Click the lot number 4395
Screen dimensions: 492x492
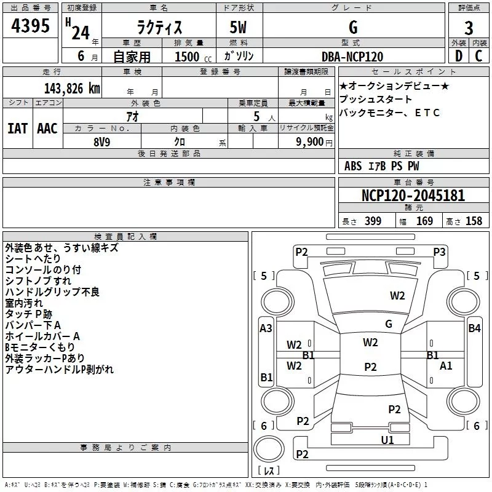coord(30,25)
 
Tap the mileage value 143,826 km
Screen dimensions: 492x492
coord(72,89)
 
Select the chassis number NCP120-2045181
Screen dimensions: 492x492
coord(413,196)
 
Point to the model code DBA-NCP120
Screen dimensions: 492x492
coord(352,57)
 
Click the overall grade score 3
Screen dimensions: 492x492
coord(469,28)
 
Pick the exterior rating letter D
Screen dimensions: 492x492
coord(459,56)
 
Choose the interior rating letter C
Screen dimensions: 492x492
coord(478,56)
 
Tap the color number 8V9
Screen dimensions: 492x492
coord(102,142)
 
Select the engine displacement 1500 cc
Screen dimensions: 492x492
coord(193,57)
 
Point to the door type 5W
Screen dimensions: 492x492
coord(238,27)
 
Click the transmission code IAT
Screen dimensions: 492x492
coord(18,129)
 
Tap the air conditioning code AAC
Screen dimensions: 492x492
coord(47,129)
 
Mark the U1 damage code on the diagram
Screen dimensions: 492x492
coord(387,440)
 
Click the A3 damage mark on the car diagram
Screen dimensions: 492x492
coord(266,328)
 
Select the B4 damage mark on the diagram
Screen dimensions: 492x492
coord(474,328)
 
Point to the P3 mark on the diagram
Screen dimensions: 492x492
coord(439,252)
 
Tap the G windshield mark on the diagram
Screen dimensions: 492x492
coord(389,324)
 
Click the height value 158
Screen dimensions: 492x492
coord(474,221)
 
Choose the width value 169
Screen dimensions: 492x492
coord(424,221)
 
